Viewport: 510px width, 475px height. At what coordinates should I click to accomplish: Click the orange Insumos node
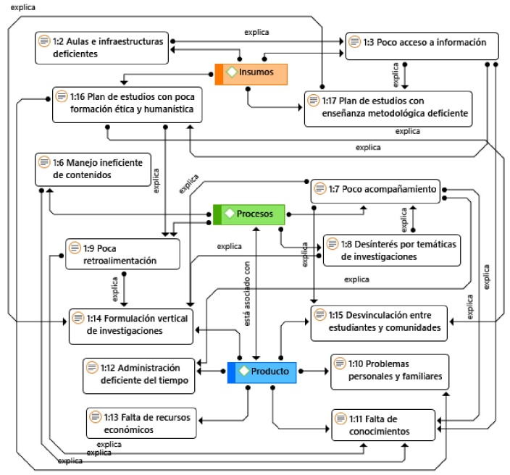pyautogui.click(x=251, y=74)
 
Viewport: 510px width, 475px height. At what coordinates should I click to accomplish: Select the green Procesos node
pyautogui.click(x=249, y=214)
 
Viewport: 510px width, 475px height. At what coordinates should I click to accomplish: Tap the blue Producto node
pyautogui.click(x=262, y=371)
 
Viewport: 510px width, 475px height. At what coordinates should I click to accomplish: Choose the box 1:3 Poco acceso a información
pyautogui.click(x=422, y=45)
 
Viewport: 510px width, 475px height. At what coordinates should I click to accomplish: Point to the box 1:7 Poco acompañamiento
pyautogui.click(x=375, y=191)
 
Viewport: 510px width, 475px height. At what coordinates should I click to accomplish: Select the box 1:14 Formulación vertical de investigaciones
pyautogui.click(x=130, y=325)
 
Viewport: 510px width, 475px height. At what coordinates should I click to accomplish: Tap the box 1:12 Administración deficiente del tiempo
pyautogui.click(x=140, y=373)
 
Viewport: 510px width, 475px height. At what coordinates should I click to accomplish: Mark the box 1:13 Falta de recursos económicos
pyautogui.click(x=141, y=422)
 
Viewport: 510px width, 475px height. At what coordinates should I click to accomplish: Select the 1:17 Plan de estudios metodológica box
pyautogui.click(x=388, y=106)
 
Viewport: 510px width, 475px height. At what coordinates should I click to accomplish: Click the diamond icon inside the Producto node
pyautogui.click(x=244, y=371)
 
